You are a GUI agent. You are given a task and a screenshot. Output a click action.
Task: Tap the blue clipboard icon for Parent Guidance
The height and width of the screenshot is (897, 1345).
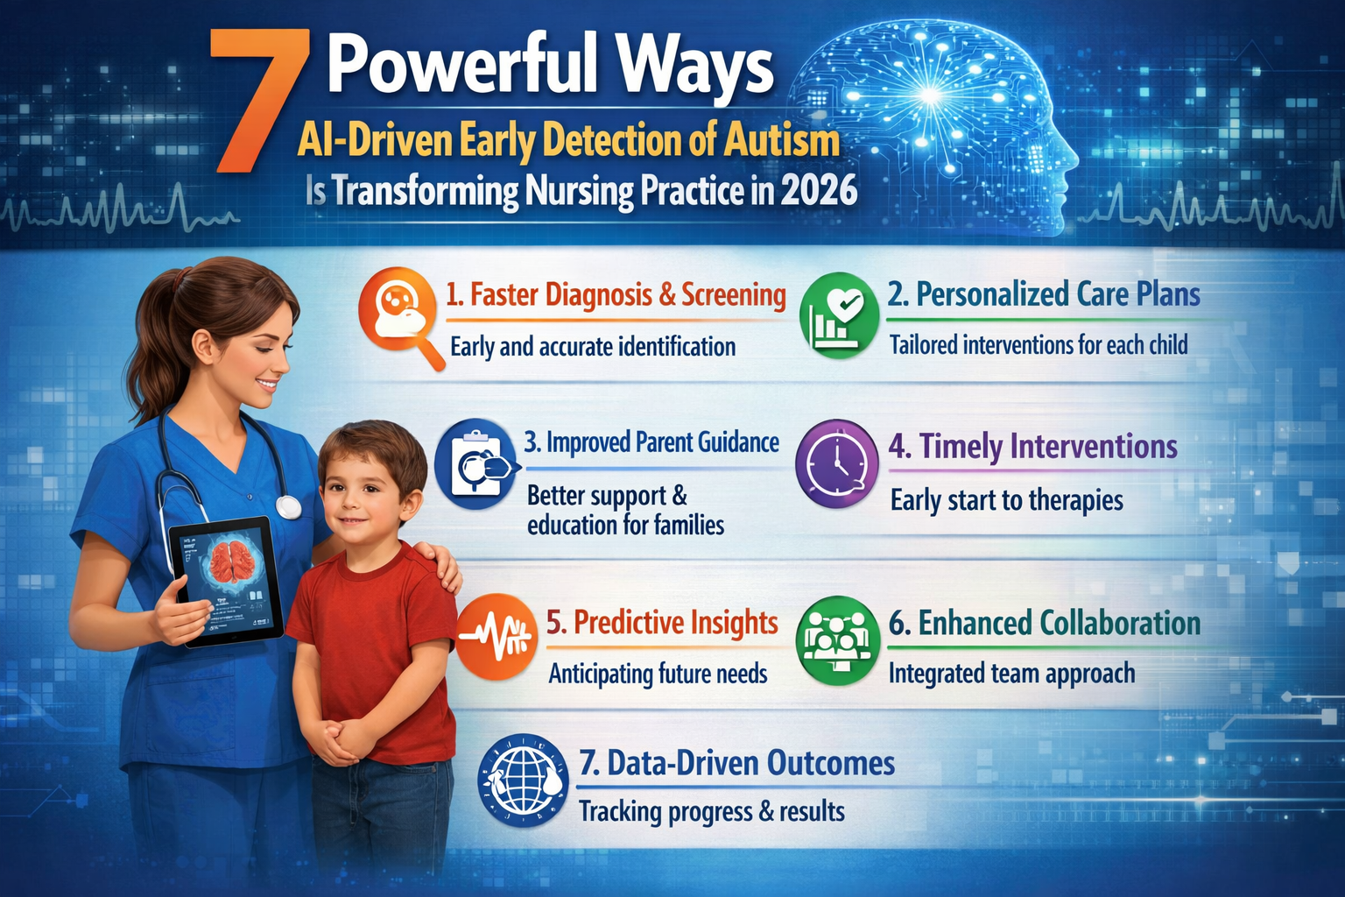pyautogui.click(x=475, y=463)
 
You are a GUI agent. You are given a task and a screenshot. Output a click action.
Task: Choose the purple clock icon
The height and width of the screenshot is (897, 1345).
pyautogui.click(x=836, y=463)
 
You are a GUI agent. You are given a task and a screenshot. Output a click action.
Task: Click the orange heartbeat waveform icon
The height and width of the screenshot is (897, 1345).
pyautogui.click(x=496, y=637)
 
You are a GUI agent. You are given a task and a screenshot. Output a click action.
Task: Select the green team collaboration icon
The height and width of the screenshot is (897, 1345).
pyautogui.click(x=837, y=640)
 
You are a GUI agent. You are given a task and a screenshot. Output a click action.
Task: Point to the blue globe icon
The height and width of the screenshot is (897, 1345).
pyautogui.click(x=523, y=780)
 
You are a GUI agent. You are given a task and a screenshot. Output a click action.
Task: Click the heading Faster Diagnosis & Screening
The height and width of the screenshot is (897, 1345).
pyautogui.click(x=616, y=295)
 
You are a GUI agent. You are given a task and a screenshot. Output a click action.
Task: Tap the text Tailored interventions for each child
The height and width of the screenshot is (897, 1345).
pyautogui.click(x=1039, y=345)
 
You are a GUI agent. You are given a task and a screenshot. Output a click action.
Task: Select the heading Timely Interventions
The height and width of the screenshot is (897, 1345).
pyautogui.click(x=1033, y=447)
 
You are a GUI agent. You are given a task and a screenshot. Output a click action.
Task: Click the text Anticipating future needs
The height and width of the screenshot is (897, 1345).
pyautogui.click(x=658, y=674)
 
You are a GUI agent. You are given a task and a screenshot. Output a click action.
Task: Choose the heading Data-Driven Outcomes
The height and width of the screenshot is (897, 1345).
pyautogui.click(x=737, y=763)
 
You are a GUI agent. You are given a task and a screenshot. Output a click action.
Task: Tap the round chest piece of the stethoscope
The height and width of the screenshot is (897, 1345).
pyautogui.click(x=288, y=507)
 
